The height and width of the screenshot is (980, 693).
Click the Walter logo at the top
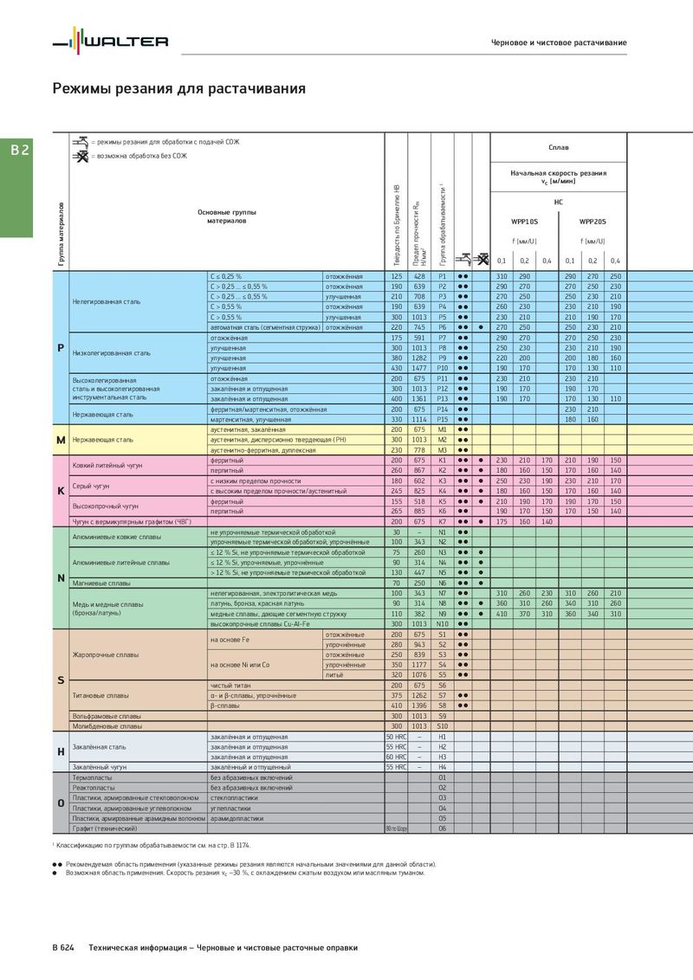pyautogui.click(x=110, y=41)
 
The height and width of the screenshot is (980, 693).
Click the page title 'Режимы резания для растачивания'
pyautogui.click(x=178, y=88)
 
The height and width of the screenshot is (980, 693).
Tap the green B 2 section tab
pyautogui.click(x=20, y=150)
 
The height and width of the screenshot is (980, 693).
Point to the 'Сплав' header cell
pyautogui.click(x=559, y=148)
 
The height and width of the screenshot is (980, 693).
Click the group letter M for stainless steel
pyautogui.click(x=61, y=440)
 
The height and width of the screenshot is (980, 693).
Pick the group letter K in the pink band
pyautogui.click(x=61, y=491)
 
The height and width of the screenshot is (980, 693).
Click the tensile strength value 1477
pyautogui.click(x=419, y=368)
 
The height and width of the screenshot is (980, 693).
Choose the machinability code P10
pyautogui.click(x=442, y=368)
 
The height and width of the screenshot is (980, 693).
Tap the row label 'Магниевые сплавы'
pyautogui.click(x=100, y=583)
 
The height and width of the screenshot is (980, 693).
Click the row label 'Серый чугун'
pyautogui.click(x=90, y=486)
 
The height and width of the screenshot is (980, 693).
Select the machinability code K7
pyautogui.click(x=442, y=522)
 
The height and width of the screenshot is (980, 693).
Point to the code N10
pyautogui.click(x=442, y=623)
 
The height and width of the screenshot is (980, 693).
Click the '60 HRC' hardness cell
pyautogui.click(x=396, y=757)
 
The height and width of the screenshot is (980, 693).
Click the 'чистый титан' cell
pyautogui.click(x=231, y=685)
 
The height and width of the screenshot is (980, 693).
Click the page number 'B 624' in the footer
pyautogui.click(x=63, y=948)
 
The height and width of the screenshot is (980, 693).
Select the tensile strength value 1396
pyautogui.click(x=419, y=705)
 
